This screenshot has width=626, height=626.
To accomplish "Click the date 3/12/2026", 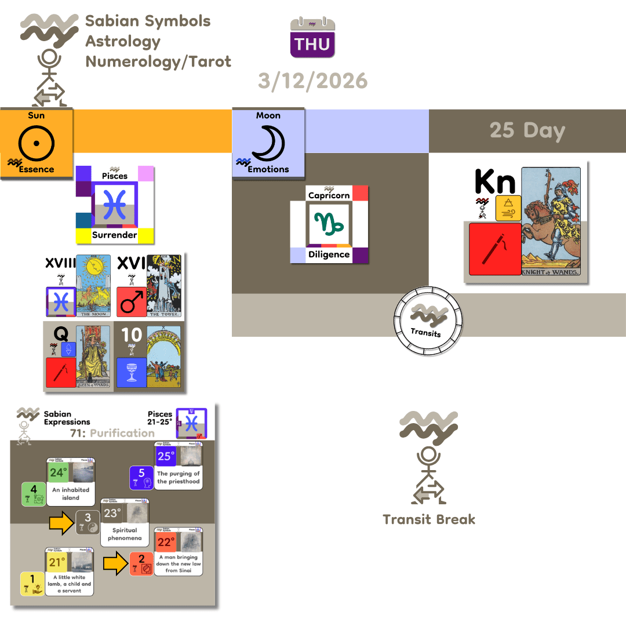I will coord(313,81).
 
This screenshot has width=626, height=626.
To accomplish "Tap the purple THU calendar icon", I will coord(312,38).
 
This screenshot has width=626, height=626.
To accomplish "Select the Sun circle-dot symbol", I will coord(36,142).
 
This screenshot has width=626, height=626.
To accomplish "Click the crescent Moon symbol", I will coord(268,142).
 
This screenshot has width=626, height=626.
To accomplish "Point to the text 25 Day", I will coord(527,130).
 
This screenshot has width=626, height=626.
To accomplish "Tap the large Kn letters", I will coord(494,181).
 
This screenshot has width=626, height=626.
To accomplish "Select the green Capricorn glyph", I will coord(329,223).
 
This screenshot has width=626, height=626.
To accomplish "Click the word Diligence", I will coord(329,254).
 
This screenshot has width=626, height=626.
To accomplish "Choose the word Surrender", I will coord(114,235).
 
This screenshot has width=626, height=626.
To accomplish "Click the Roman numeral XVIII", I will coord(60,264).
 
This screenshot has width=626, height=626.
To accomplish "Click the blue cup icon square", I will coord(131,372).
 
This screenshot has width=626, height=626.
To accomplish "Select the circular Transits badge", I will coord(428,320).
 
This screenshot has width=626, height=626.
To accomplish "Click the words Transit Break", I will coord(429,519).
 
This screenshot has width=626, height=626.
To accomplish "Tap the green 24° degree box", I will coord(58,472).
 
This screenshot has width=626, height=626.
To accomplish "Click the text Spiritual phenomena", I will coord(125,534).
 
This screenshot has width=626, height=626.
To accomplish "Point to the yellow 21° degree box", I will coord(57,562).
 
